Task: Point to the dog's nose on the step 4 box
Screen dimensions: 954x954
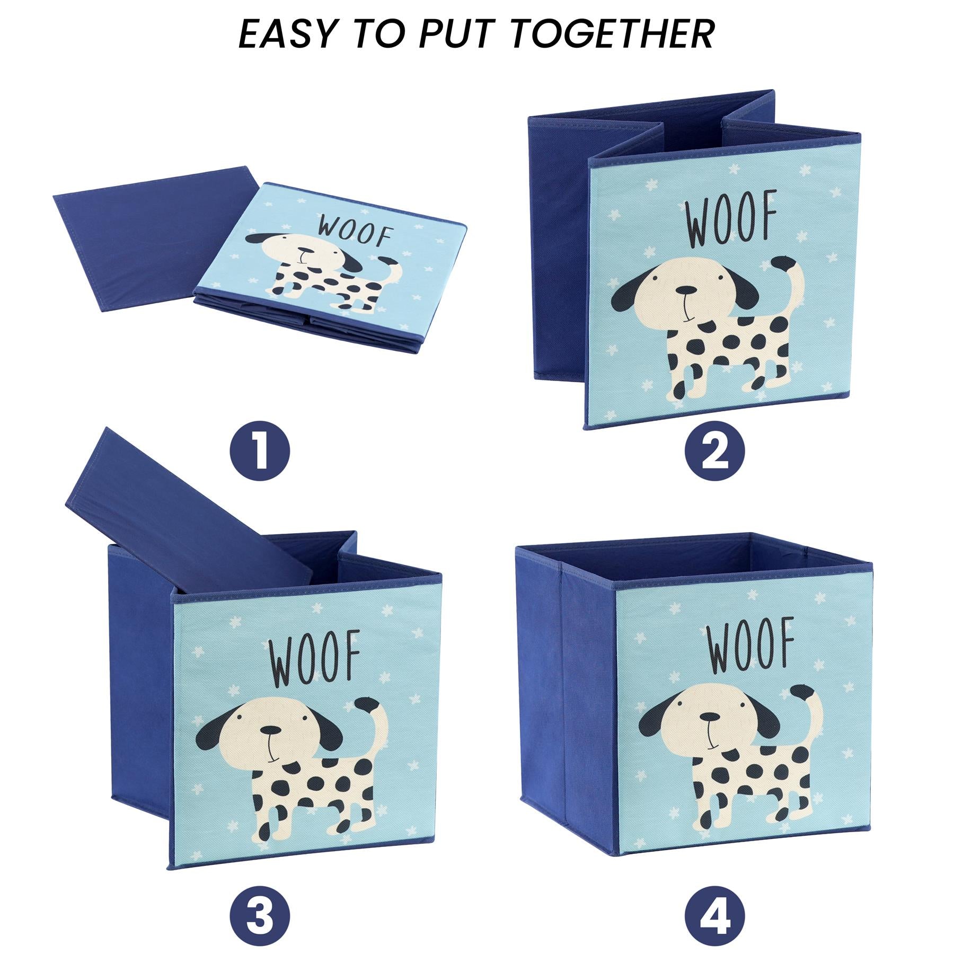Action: click(709, 717)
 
